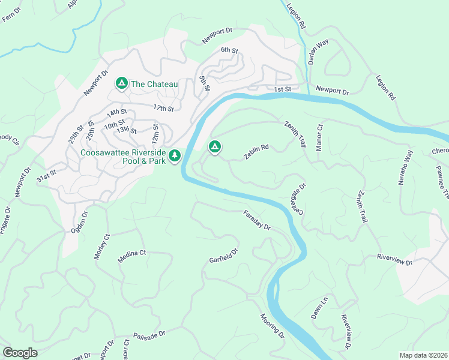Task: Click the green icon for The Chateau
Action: click(121, 83)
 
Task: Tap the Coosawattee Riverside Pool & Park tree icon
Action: click(175, 156)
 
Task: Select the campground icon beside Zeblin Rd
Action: click(214, 146)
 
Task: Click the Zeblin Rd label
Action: click(256, 151)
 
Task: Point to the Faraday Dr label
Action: click(258, 220)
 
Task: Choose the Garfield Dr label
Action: click(224, 256)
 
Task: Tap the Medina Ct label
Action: click(132, 253)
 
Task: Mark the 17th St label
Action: click(163, 109)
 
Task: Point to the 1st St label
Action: click(282, 89)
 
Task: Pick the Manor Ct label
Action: click(319, 137)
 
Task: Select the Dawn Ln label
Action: click(319, 307)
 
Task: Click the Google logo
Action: click(20, 353)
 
